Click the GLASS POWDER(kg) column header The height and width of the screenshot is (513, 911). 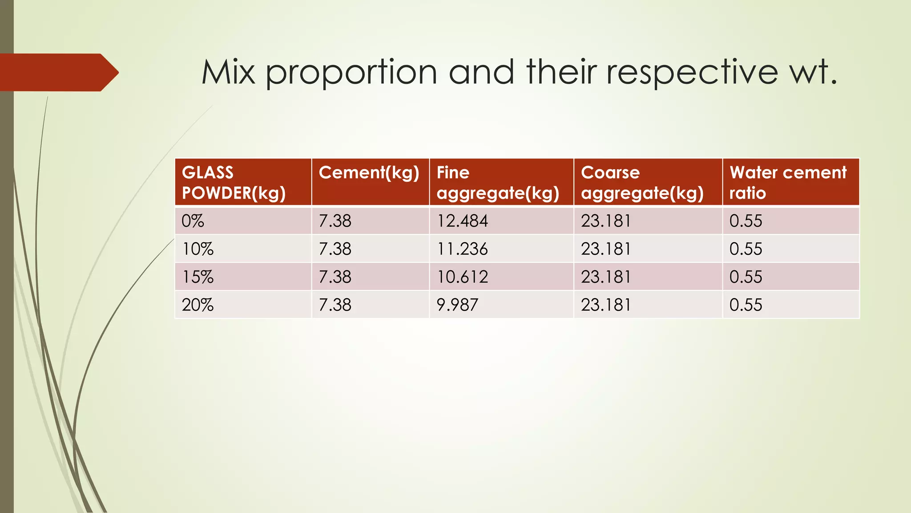pos(234,183)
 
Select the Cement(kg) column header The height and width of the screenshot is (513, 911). pos(369,173)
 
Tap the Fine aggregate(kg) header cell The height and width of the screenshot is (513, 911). pos(498,183)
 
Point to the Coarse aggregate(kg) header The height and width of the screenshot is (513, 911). pos(642,183)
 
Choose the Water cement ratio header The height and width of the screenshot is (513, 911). pos(788,183)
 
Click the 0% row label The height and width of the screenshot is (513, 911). pos(193,221)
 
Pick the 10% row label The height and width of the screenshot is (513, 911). pos(198,249)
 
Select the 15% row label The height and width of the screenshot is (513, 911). pos(198,277)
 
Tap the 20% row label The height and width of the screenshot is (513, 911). pos(198,305)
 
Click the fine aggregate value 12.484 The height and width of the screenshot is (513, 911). pos(462,221)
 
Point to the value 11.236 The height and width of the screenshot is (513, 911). pos(462,249)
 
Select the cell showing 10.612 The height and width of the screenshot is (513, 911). pos(462,277)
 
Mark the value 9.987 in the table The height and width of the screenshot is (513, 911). pos(457,305)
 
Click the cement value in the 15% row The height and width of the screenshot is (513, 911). pos(335,277)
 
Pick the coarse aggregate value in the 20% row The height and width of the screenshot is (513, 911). pos(606,305)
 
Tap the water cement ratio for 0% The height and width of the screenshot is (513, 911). pos(746,221)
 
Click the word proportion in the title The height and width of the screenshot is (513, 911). pos(351,73)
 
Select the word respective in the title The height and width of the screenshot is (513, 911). pos(692,73)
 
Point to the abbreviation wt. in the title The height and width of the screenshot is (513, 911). pos(814,73)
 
